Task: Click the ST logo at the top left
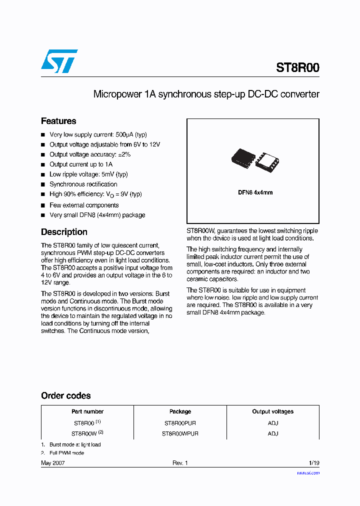[59, 61]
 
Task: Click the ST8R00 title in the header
[297, 68]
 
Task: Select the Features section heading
[58, 121]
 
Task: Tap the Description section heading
[64, 232]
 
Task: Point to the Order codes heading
[65, 395]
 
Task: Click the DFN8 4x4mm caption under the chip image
[255, 192]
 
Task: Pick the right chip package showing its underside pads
[267, 161]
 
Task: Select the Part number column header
[87, 411]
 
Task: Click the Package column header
[180, 411]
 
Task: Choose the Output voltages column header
[272, 411]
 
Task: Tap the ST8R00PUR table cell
[180, 423]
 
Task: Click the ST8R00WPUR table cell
[180, 433]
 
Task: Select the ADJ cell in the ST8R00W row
[272, 433]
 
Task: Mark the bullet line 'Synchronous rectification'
[83, 184]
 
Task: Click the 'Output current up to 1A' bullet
[81, 164]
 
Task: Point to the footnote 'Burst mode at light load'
[75, 444]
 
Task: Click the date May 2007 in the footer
[53, 463]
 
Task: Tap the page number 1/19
[313, 463]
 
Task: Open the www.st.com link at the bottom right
[308, 472]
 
